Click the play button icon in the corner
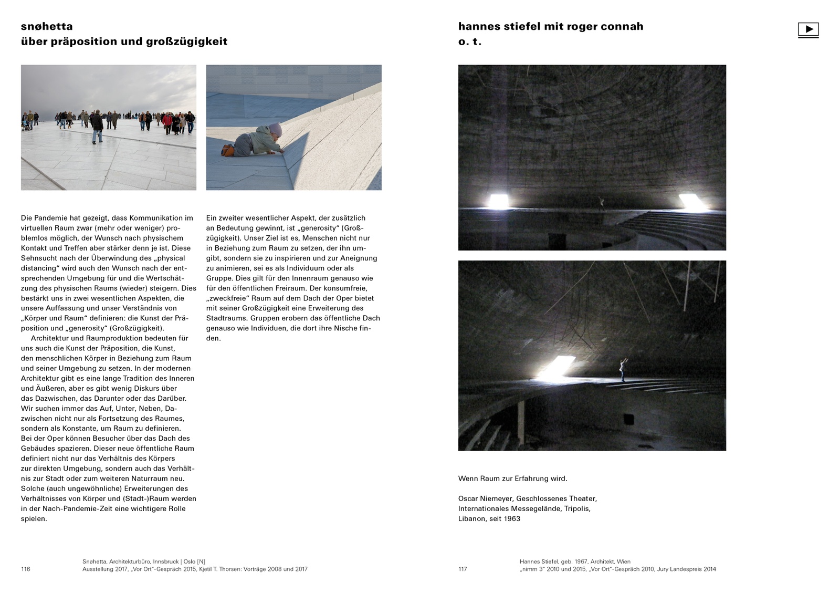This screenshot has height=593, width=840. pyautogui.click(x=808, y=29)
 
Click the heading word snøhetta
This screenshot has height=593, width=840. pyautogui.click(x=47, y=26)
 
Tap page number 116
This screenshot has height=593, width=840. pyautogui.click(x=26, y=569)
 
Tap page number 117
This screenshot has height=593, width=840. pyautogui.click(x=463, y=569)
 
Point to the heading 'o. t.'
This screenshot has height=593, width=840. pyautogui.click(x=469, y=41)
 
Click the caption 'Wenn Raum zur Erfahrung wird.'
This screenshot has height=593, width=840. pyautogui.click(x=512, y=478)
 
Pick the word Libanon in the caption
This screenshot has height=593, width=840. pyautogui.click(x=471, y=518)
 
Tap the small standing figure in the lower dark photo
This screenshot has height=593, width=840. pyautogui.click(x=623, y=370)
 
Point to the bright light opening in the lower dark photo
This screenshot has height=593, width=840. pyautogui.click(x=557, y=367)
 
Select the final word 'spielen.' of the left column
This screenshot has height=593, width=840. pyautogui.click(x=34, y=518)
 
